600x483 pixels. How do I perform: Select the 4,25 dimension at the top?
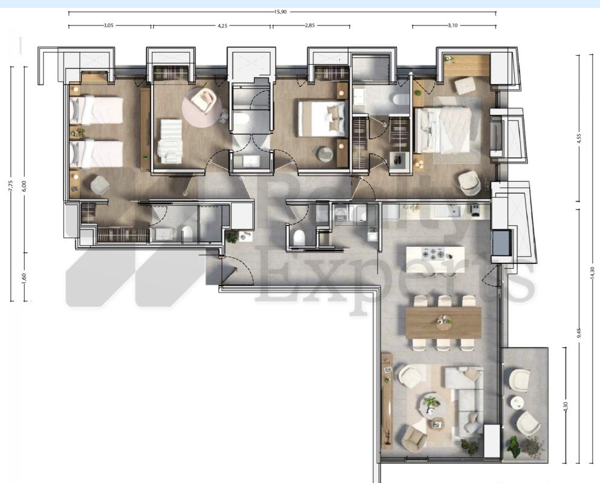point(226,25)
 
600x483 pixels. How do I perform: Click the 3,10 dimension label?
point(454,25)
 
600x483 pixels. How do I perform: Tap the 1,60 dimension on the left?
point(24,276)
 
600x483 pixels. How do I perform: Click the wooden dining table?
point(443,322)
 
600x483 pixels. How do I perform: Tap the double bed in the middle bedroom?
point(321,119)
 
